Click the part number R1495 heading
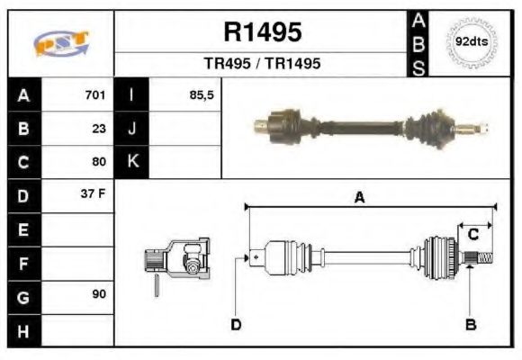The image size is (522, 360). coord(262,33)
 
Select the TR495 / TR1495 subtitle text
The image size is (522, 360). coord(262,64)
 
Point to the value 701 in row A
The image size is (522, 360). coord(94,94)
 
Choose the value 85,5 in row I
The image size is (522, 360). coord(201,94)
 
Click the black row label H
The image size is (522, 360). coord(22,330)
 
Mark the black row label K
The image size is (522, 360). coord(132,162)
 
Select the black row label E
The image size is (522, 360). coord(22,229)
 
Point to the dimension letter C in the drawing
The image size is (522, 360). coord(472,235)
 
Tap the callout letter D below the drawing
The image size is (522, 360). coord(236,324)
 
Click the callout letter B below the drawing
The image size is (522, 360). coord(469,324)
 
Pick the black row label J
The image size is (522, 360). coord(132,129)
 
